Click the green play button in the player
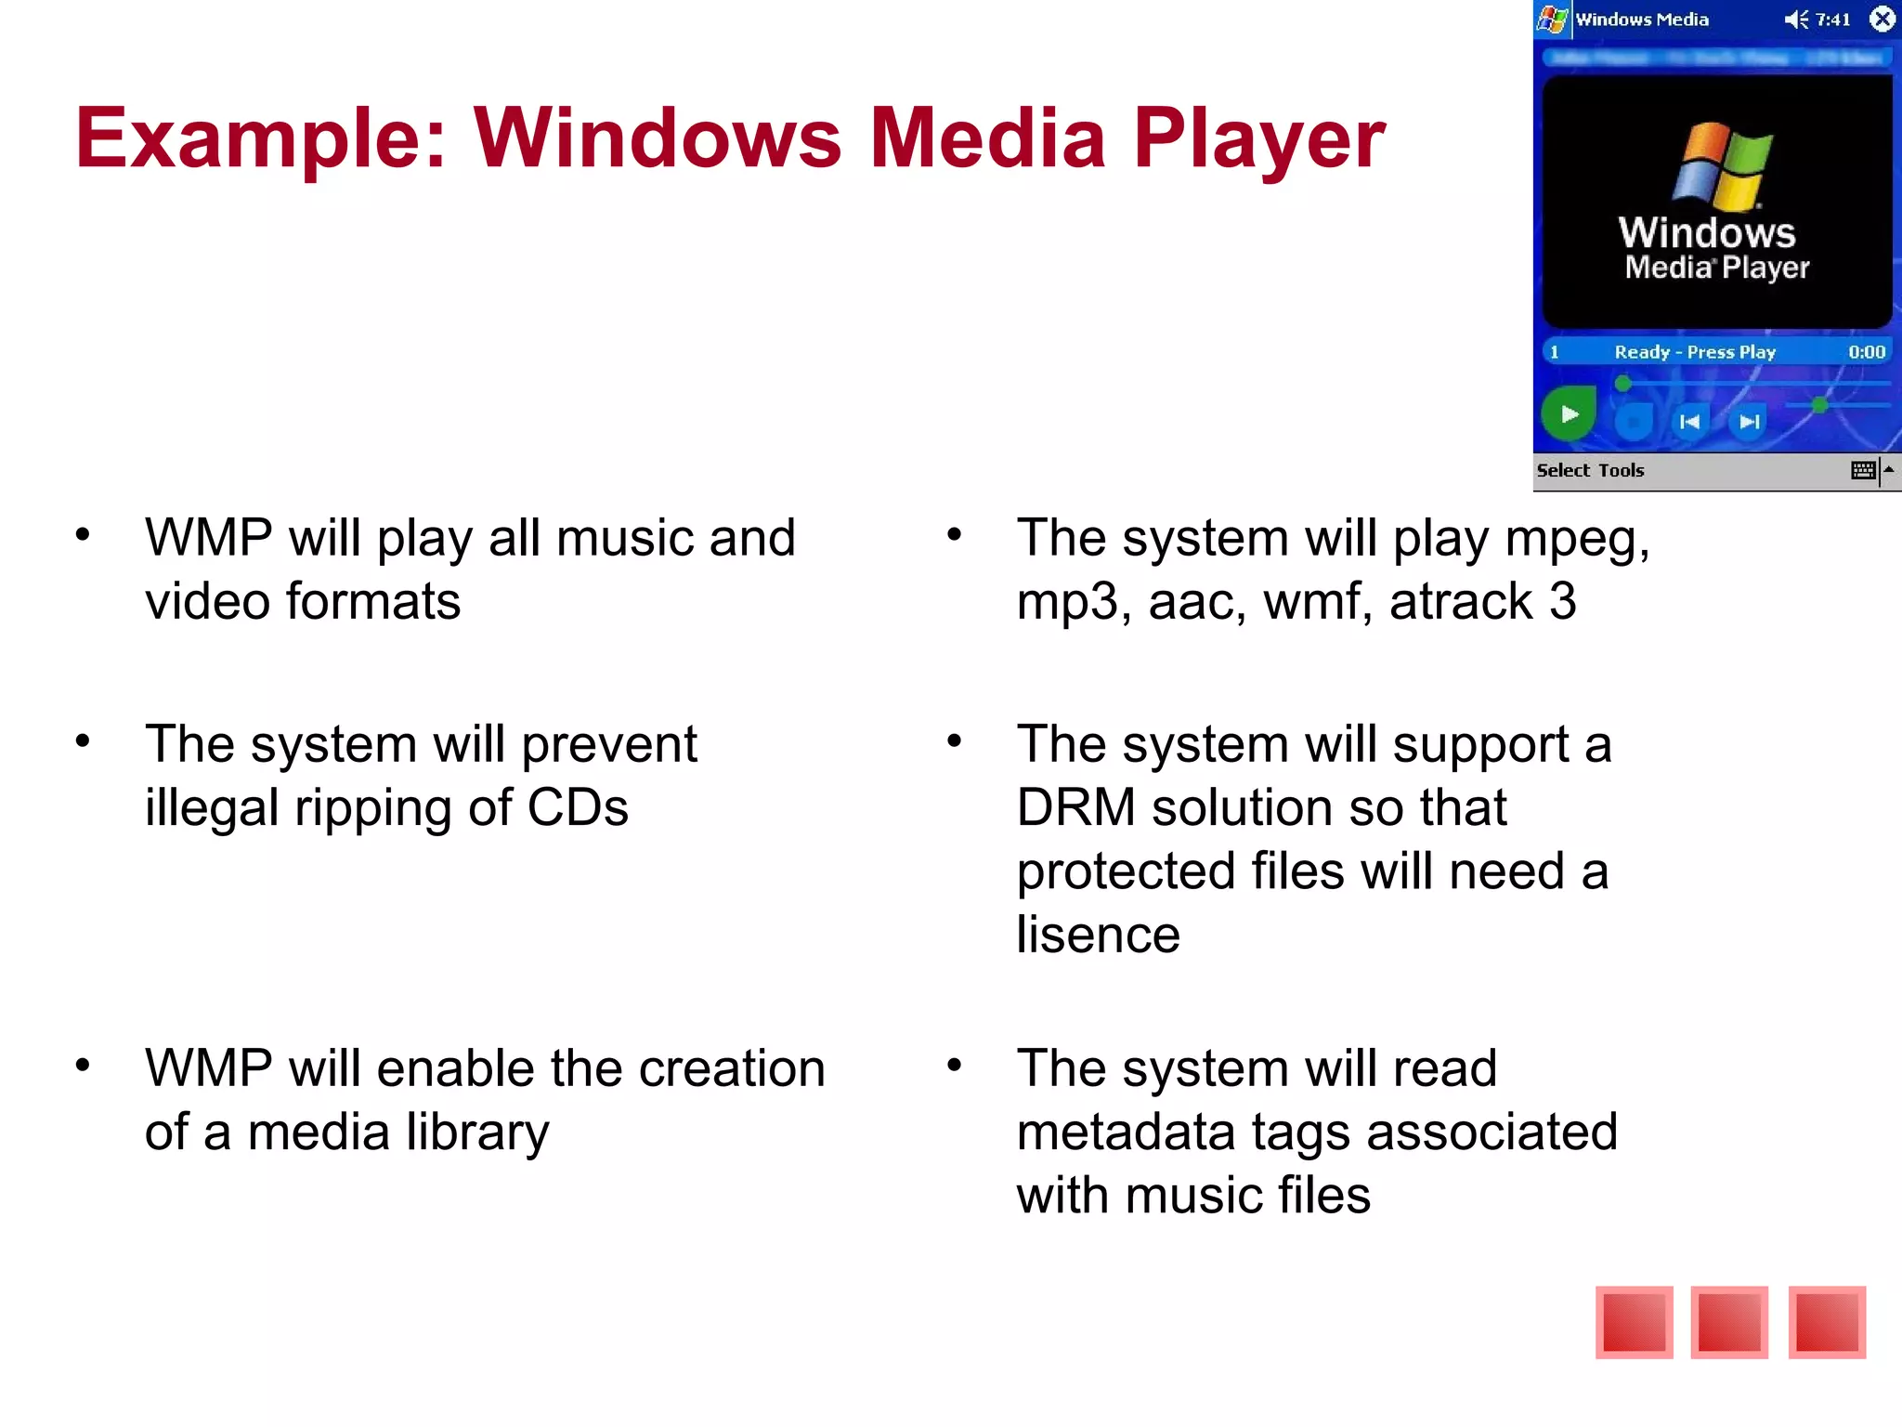[x=1569, y=414]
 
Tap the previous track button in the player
[x=1689, y=422]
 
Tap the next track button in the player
[x=1750, y=422]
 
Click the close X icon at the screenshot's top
[x=1882, y=19]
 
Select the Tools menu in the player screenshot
[x=1622, y=470]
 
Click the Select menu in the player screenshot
[x=1563, y=470]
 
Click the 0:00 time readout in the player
[x=1866, y=352]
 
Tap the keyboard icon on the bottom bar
[x=1863, y=470]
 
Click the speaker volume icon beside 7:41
[x=1796, y=19]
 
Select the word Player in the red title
[x=1258, y=139]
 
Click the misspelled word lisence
[x=1098, y=934]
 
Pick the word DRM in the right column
[x=1075, y=806]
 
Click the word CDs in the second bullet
[x=578, y=806]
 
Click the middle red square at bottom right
[x=1729, y=1322]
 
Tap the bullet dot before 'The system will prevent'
[x=83, y=740]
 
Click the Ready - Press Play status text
[x=1695, y=352]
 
